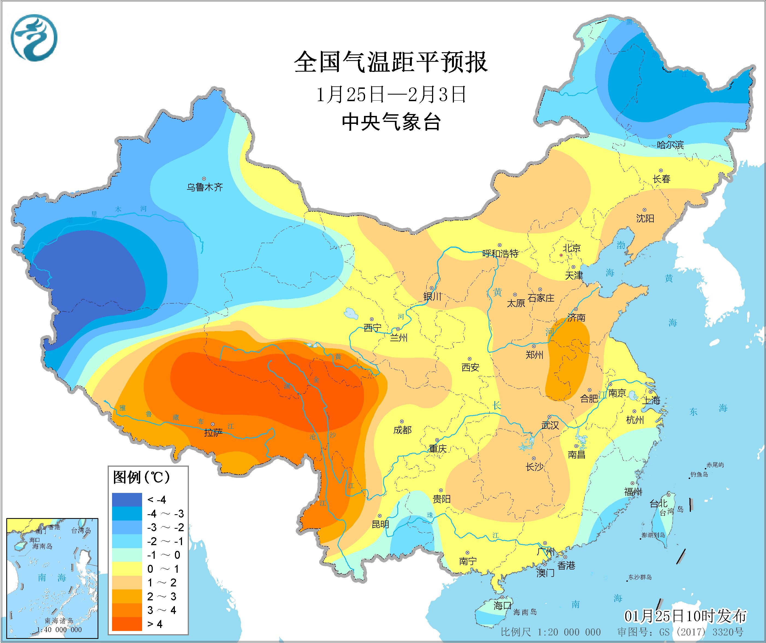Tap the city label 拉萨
(x=213, y=433)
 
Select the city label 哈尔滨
(x=670, y=145)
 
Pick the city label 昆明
(x=380, y=524)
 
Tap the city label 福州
(x=633, y=492)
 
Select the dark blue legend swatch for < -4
(x=127, y=499)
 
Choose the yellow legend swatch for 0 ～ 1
(x=127, y=569)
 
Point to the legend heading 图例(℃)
(x=141, y=477)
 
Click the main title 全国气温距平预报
(x=391, y=62)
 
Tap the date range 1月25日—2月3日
(x=391, y=95)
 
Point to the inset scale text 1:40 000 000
(x=59, y=630)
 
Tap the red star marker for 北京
(x=561, y=255)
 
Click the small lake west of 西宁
(x=351, y=313)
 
